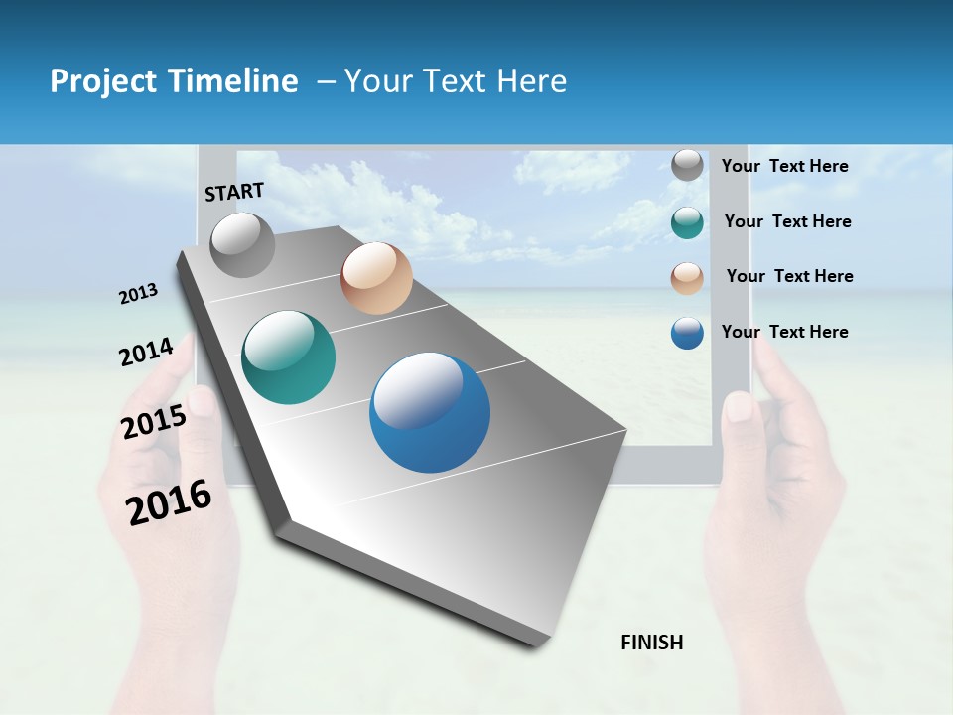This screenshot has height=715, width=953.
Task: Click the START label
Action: click(x=234, y=192)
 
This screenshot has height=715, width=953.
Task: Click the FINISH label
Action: click(x=651, y=643)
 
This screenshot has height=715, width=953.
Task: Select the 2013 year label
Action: click(x=138, y=293)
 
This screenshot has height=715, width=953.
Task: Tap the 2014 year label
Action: click(x=146, y=352)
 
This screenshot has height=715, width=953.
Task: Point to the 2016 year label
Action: click(x=169, y=502)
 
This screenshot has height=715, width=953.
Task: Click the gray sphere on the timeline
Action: click(x=243, y=244)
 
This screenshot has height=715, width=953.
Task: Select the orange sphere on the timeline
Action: click(x=376, y=278)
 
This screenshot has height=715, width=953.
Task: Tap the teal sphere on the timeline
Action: click(x=289, y=357)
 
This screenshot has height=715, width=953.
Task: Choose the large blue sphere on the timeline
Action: click(x=430, y=412)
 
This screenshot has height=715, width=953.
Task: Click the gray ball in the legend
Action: click(x=687, y=166)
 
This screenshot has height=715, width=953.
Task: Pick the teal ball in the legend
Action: click(x=687, y=222)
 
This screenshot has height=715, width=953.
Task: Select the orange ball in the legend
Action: click(x=687, y=278)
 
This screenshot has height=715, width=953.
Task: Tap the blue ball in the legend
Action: click(x=687, y=333)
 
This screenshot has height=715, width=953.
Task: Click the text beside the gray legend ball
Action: click(x=784, y=166)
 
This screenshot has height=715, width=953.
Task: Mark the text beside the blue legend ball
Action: click(x=784, y=332)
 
